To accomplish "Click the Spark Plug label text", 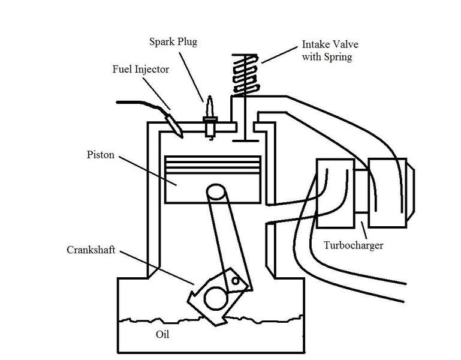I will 173,43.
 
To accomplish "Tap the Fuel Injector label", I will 141,70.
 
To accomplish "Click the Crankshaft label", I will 91,249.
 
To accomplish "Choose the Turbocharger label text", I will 353,245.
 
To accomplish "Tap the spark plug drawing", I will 210,117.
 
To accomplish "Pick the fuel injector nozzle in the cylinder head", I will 174,125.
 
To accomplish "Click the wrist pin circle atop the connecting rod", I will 216,194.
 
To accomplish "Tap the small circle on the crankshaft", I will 236,280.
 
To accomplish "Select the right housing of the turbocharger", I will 388,192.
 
